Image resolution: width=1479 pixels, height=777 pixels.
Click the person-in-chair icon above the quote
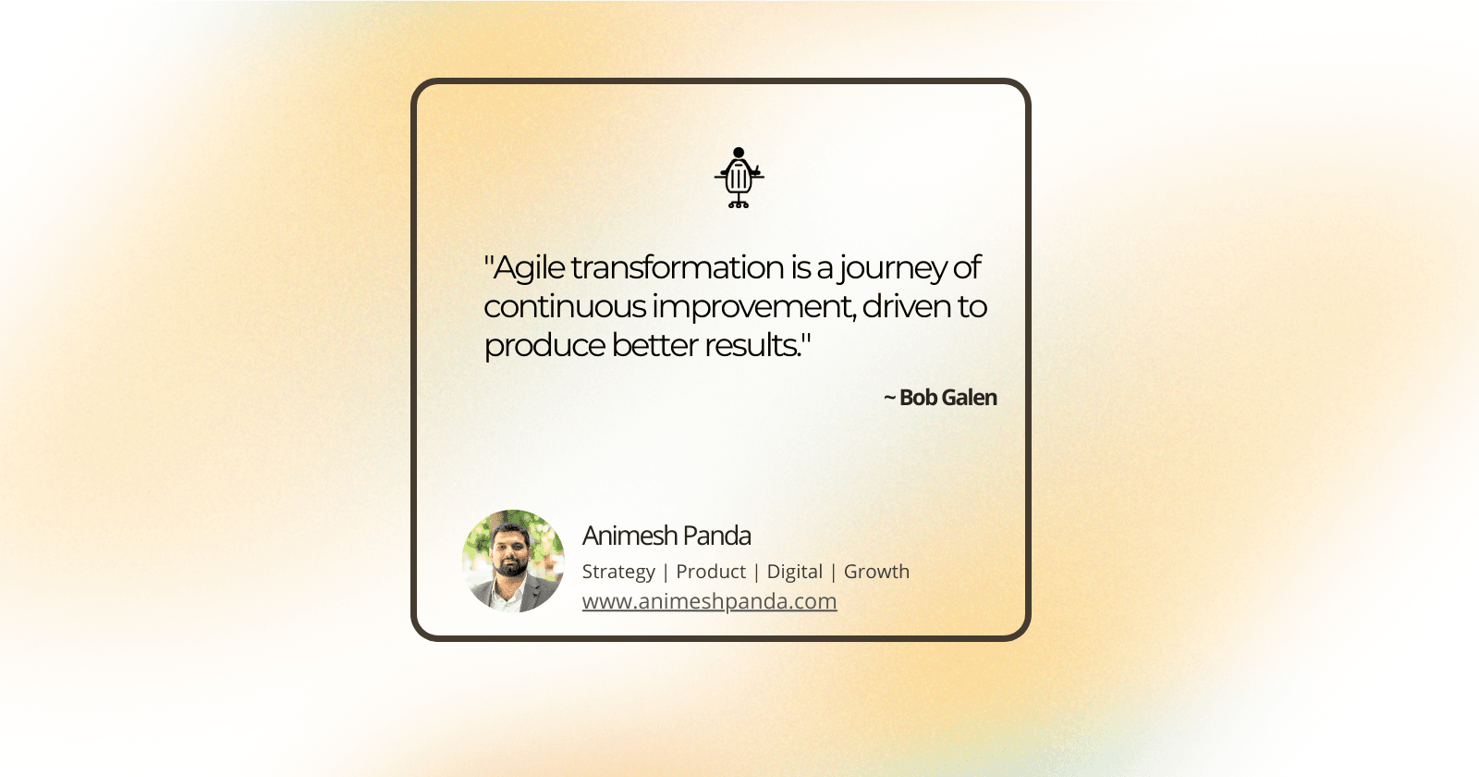[x=739, y=178]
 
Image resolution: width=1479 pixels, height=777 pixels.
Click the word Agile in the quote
[x=529, y=268]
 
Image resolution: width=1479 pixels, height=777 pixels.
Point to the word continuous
[x=565, y=306]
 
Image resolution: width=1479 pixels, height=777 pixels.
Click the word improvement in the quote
[x=752, y=306]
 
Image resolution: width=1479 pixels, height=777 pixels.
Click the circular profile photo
[x=513, y=561]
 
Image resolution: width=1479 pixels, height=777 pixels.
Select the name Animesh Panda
[x=666, y=536]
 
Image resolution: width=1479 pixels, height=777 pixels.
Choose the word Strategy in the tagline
[x=618, y=572]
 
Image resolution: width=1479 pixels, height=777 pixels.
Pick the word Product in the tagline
[x=711, y=572]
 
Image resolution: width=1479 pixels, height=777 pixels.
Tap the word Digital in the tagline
[x=795, y=572]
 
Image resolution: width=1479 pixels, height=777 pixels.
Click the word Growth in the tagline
[x=876, y=572]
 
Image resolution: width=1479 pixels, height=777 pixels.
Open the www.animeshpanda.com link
[x=709, y=601]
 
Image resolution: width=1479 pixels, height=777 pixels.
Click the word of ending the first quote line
[x=967, y=267]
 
